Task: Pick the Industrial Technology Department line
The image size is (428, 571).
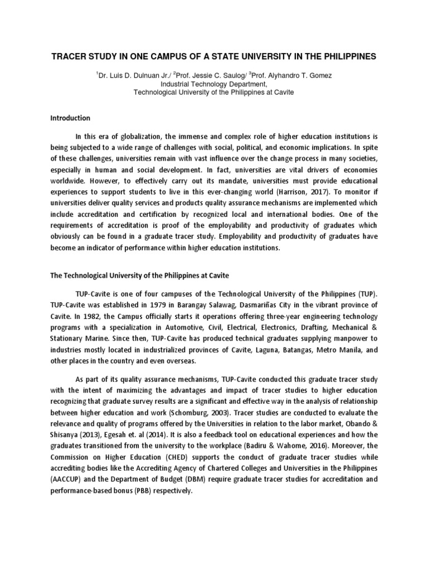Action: point(213,83)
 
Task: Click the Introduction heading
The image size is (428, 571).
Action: point(70,118)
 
